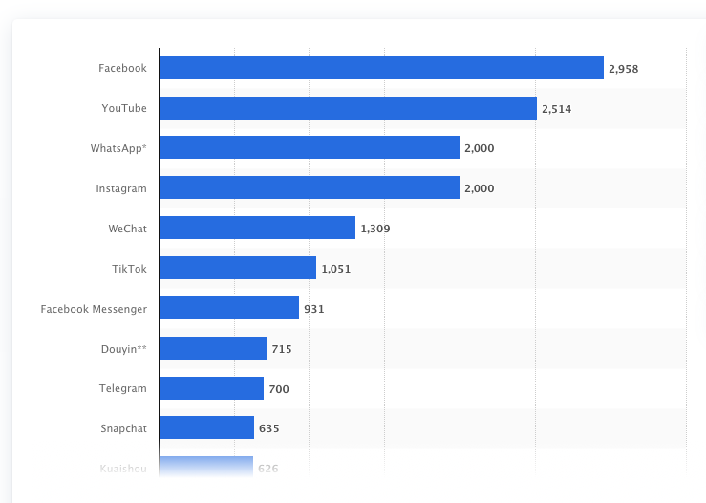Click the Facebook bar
point(380,68)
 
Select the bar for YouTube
point(348,108)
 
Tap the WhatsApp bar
point(309,148)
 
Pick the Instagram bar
point(309,188)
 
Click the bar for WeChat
point(257,228)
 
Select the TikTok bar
point(237,268)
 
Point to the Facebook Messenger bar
point(228,308)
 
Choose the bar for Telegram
point(211,388)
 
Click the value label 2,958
point(624,69)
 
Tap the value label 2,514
point(556,109)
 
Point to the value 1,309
point(375,229)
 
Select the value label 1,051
point(336,269)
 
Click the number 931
point(314,309)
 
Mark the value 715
point(282,349)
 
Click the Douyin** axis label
point(123,349)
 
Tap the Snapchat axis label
point(123,428)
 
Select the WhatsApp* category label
point(118,148)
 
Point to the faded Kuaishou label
point(123,469)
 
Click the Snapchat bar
point(206,427)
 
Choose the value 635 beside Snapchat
point(268,428)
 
